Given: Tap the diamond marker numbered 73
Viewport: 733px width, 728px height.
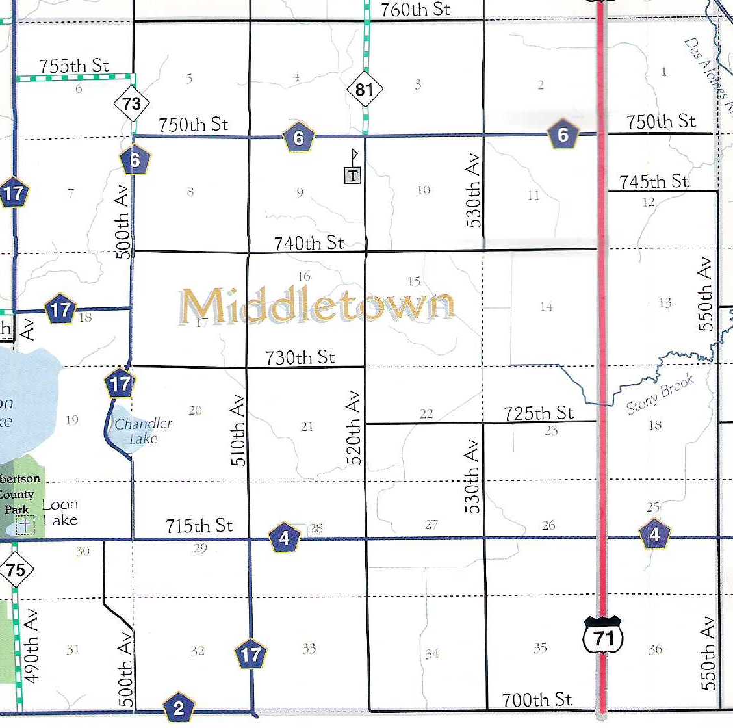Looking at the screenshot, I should pyautogui.click(x=132, y=103).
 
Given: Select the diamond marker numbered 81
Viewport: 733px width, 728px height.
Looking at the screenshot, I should pyautogui.click(x=364, y=89).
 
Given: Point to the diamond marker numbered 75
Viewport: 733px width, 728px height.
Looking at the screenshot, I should pyautogui.click(x=16, y=571).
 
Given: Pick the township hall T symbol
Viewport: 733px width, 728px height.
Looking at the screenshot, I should pyautogui.click(x=352, y=174).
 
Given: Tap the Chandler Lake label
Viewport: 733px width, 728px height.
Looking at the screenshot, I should pyautogui.click(x=144, y=431).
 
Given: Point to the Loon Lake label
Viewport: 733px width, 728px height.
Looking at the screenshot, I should pyautogui.click(x=60, y=512).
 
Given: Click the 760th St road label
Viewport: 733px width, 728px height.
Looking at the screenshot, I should pyautogui.click(x=415, y=10).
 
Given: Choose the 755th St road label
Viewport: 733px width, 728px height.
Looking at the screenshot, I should pyautogui.click(x=74, y=66).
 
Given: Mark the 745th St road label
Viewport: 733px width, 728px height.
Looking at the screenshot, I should pyautogui.click(x=654, y=181).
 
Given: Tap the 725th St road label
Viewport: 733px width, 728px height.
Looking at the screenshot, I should pyautogui.click(x=539, y=413).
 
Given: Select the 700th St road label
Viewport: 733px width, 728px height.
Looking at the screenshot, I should pyautogui.click(x=537, y=699).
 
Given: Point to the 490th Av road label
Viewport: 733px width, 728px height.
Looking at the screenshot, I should pyautogui.click(x=31, y=646).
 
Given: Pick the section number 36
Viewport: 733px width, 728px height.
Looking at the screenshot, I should pyautogui.click(x=655, y=649).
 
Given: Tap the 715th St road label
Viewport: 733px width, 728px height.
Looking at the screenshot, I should pyautogui.click(x=199, y=525).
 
